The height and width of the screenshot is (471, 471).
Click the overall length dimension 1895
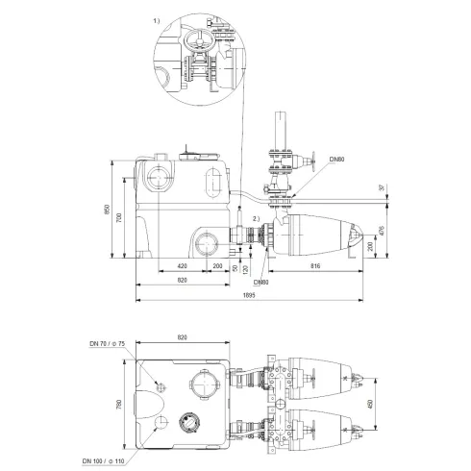(248, 297)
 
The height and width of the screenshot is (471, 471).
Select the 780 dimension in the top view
(118, 405)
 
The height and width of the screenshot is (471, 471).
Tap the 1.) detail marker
(157, 19)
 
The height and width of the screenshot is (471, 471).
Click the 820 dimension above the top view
(183, 338)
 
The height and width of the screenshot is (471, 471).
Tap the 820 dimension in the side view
(182, 280)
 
